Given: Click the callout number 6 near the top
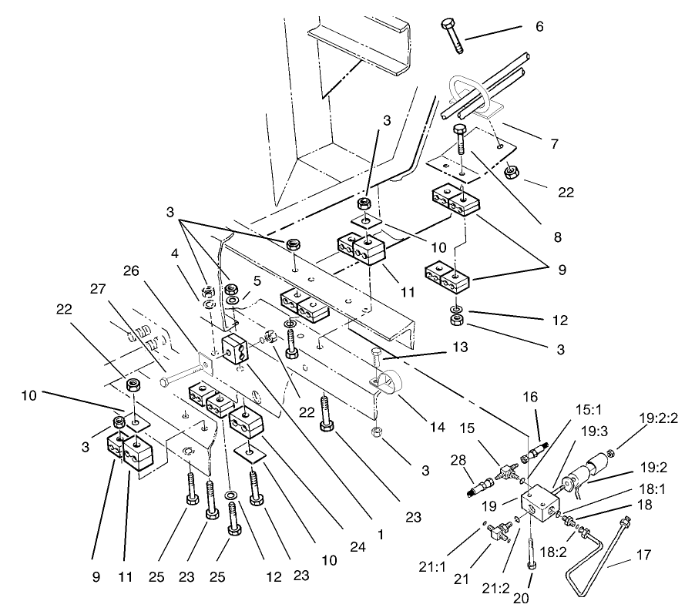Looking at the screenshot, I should click(539, 26).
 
